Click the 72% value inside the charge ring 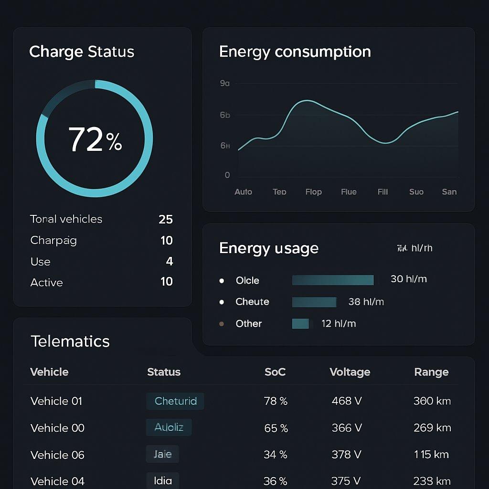[95, 139]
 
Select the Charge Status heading [82, 52]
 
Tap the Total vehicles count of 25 [165, 219]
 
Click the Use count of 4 [169, 261]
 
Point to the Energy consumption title [295, 52]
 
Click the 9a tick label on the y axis [224, 83]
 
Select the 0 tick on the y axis [227, 175]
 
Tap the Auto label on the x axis [243, 191]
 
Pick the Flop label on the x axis [313, 191]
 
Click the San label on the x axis [449, 191]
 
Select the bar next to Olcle [332, 280]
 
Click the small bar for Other [300, 324]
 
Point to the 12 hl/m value [339, 324]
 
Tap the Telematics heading [70, 341]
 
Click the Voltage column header [350, 372]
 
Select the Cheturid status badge [175, 401]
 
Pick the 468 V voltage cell [347, 401]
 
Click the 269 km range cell [432, 428]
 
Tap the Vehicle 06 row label [57, 455]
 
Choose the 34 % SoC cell [276, 455]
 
